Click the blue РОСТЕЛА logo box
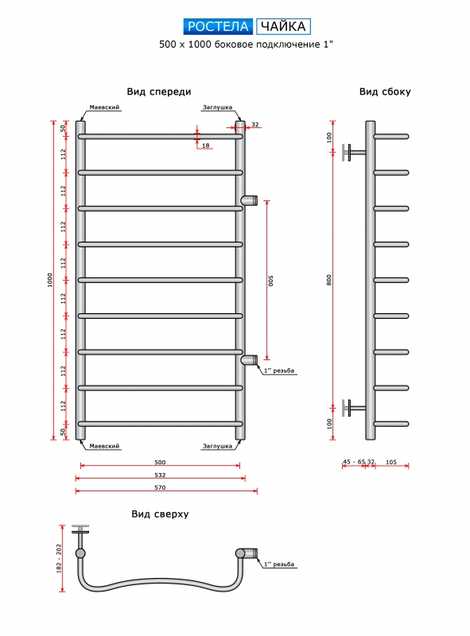coord(218,26)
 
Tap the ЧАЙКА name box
coord(283,26)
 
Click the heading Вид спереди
coord(159,92)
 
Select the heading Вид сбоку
coord(385,92)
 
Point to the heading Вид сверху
coord(160,514)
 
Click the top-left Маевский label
coord(104,107)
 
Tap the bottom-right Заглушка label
coord(218,446)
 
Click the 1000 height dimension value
coord(50,280)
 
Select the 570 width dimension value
coord(160,487)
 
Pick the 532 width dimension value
coord(160,475)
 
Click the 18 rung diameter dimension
coord(206,145)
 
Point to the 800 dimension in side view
coord(329,280)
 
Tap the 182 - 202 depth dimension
coord(59,559)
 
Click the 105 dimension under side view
coord(391,462)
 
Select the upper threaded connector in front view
coord(249,200)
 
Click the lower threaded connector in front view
coord(249,360)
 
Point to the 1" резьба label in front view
coord(279,370)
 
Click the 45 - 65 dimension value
coord(354,462)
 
